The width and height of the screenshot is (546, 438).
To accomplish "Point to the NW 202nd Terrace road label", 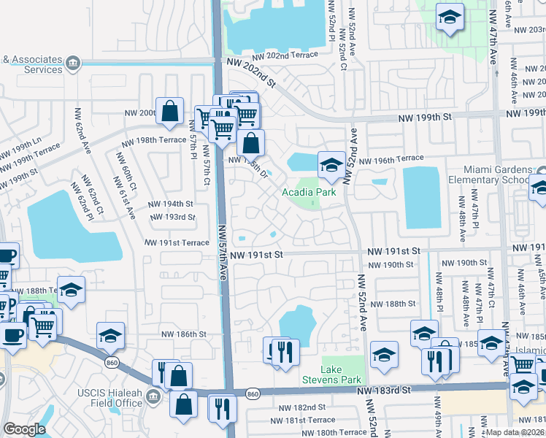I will coord(285,55).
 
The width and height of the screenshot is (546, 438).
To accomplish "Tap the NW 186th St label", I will coord(185,334).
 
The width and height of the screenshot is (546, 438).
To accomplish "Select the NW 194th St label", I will coord(171,204).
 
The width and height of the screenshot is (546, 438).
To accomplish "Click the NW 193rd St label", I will coord(172,217).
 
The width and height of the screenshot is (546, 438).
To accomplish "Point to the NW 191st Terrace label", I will coord(177,242).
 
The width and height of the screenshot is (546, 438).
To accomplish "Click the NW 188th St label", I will coord(393,304).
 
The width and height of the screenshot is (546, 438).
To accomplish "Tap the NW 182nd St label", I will coord(304,407).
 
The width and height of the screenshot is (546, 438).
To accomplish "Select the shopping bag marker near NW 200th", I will coord(169,112).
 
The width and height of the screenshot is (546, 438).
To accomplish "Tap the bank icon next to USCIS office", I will coord(153,397).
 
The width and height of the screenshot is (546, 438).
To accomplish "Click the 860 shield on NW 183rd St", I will coord(253,394).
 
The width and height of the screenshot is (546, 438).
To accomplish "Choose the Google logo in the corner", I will coord(24,430).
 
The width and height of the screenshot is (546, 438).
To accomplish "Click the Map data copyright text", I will coord(515,432).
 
